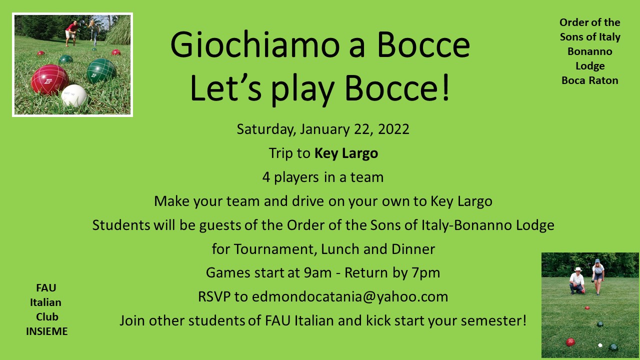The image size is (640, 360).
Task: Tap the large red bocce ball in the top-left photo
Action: click(x=50, y=79)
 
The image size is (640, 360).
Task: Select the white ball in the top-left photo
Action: click(x=74, y=95)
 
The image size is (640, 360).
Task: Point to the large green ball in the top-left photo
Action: click(x=101, y=71)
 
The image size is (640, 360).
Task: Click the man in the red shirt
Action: click(x=71, y=33)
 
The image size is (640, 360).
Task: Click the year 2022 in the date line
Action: click(x=393, y=129)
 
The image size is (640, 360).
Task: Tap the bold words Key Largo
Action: click(x=346, y=153)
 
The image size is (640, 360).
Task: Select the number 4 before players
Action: click(x=266, y=177)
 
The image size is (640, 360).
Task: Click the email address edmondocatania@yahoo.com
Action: click(x=350, y=296)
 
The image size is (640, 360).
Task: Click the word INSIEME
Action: click(x=47, y=331)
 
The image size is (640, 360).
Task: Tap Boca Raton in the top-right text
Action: click(x=589, y=80)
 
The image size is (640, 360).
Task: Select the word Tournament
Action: click(x=275, y=249)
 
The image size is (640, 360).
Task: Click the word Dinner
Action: click(x=413, y=249)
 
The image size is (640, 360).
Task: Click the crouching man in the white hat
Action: click(x=577, y=280)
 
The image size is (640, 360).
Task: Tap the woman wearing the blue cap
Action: click(x=598, y=276)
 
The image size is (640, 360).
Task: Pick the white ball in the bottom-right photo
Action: click(x=600, y=345)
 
